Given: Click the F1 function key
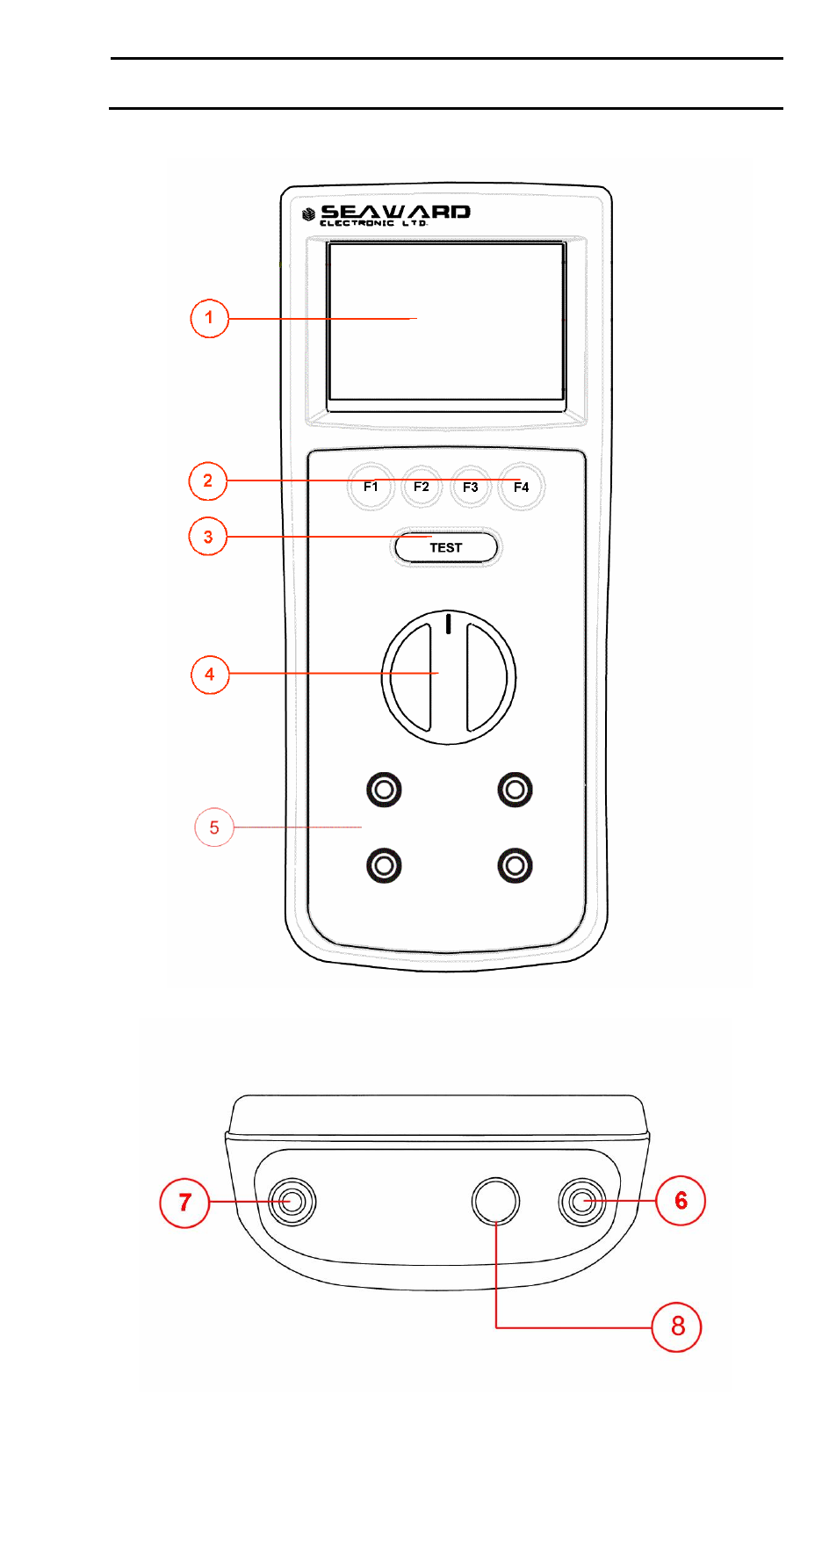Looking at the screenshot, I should [371, 487].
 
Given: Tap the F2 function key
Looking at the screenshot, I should [422, 487].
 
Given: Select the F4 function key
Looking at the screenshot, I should [522, 487].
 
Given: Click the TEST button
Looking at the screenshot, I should [446, 547].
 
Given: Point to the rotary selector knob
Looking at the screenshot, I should [449, 677].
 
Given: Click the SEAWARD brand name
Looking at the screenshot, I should [395, 212].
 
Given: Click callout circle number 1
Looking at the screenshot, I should [209, 318].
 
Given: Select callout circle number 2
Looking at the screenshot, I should [208, 481].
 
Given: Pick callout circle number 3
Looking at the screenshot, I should [208, 537].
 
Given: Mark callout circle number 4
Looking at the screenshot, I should [210, 674].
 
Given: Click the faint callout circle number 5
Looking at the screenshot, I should [214, 827].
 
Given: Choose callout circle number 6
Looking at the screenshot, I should [681, 1200].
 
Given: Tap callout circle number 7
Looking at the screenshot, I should [184, 1202].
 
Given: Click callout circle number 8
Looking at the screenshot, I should [677, 1326].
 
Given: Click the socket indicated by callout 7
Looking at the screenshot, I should [292, 1202].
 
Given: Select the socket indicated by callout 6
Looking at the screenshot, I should [581, 1201].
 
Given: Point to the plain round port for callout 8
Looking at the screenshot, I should [495, 1201].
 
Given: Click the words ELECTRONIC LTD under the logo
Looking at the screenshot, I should [374, 223].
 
